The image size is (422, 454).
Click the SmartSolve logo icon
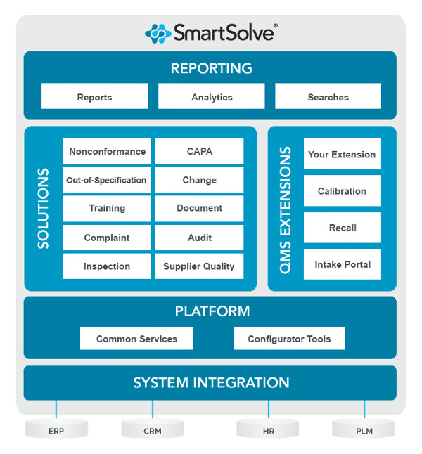point(158,33)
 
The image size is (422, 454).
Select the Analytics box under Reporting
point(212,97)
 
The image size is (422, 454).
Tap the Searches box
point(328,97)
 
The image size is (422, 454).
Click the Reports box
point(94,97)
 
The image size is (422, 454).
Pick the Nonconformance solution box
point(107,151)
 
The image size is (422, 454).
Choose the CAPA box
point(199,151)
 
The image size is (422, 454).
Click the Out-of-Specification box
point(107,180)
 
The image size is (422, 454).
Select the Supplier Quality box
point(199,266)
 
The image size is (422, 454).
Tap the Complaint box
point(107,238)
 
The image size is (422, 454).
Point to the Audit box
point(199,238)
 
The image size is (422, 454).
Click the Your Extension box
point(342,154)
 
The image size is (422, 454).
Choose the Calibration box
point(342,190)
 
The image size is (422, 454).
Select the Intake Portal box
point(342,264)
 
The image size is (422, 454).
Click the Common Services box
point(136,339)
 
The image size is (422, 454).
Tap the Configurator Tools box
point(289,339)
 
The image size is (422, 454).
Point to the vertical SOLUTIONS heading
point(44,208)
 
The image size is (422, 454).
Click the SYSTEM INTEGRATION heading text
point(211,383)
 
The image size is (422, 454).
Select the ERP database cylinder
point(56,428)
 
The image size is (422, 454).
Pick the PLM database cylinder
point(363,428)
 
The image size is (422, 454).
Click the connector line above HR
point(268,409)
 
